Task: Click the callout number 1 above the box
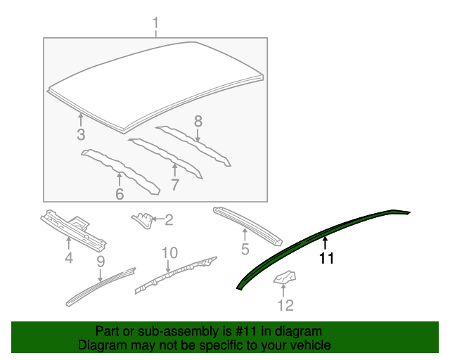(x=155, y=27)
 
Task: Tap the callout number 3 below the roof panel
(x=81, y=135)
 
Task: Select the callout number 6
(x=119, y=193)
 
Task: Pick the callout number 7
(x=174, y=185)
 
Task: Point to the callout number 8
(x=198, y=121)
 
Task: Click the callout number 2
(x=169, y=221)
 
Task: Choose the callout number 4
(x=69, y=259)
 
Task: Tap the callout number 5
(x=245, y=249)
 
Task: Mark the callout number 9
(x=100, y=262)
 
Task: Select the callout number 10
(x=169, y=253)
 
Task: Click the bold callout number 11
(x=326, y=259)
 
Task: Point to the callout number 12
(x=285, y=305)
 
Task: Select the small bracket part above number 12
(x=284, y=278)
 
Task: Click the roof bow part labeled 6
(x=118, y=168)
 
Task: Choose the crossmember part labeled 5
(x=247, y=224)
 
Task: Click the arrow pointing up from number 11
(x=325, y=244)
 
